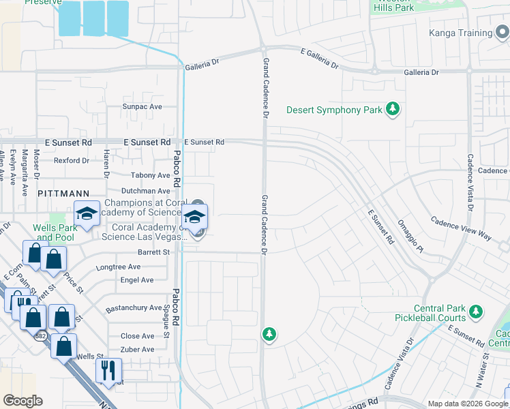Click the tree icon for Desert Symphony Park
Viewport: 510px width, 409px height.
(393, 109)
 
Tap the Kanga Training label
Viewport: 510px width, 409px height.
(460, 33)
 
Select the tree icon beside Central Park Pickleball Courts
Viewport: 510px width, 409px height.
(475, 314)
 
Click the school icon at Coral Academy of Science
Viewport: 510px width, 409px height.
(195, 218)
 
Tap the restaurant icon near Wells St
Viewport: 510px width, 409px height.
(108, 372)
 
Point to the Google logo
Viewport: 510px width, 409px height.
(22, 400)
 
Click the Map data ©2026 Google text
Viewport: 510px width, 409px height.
(468, 404)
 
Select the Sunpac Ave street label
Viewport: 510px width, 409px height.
(142, 107)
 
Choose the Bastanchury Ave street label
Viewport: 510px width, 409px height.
(134, 308)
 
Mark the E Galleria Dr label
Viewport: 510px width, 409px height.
(319, 59)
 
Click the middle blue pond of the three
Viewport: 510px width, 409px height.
(93, 18)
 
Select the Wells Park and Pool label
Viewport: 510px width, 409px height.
(54, 232)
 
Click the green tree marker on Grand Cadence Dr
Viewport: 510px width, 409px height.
(269, 334)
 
